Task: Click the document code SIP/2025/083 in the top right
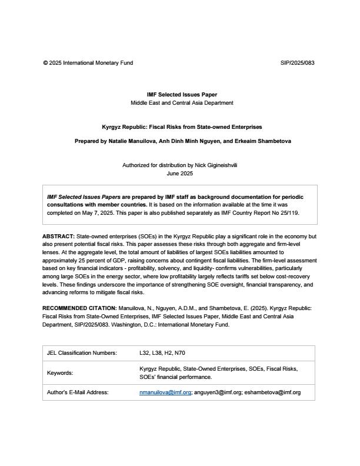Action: coord(298,62)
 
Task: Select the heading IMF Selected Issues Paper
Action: coord(182,95)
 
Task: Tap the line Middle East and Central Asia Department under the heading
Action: coord(182,103)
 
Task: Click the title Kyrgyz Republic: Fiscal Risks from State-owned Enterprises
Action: coord(182,127)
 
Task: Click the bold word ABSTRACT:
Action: coord(58,237)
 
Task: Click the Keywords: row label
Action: coord(60,373)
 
